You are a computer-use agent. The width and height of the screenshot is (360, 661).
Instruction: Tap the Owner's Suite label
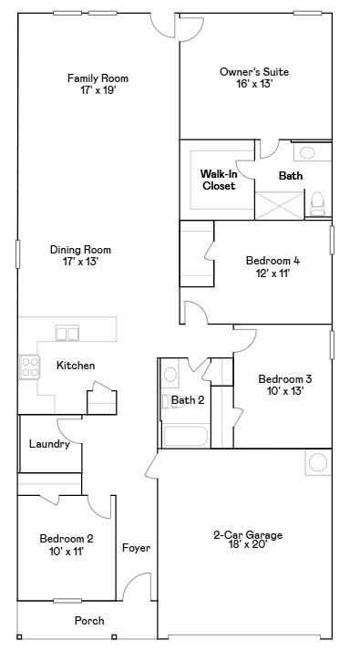246,71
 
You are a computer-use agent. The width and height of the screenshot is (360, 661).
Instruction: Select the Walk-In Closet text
218,179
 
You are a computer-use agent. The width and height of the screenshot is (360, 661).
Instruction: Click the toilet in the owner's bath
318,201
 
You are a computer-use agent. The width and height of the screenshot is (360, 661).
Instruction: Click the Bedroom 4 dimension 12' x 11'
273,272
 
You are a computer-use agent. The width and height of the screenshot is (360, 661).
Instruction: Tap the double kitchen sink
67,332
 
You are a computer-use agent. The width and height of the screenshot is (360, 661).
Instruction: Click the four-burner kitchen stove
30,367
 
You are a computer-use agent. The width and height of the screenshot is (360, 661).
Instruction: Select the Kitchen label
76,366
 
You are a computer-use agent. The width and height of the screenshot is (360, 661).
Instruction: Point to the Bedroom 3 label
284,379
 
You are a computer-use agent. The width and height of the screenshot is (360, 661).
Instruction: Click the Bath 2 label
188,399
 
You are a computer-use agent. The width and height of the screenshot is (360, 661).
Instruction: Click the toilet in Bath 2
170,374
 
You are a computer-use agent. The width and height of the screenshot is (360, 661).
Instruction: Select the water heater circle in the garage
318,462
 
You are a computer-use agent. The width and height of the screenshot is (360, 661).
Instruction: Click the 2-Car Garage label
248,535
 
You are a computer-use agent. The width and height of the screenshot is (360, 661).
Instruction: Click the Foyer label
136,548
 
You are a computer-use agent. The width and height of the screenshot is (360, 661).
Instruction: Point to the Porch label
89,621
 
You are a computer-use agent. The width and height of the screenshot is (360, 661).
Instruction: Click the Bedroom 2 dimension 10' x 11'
66,551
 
